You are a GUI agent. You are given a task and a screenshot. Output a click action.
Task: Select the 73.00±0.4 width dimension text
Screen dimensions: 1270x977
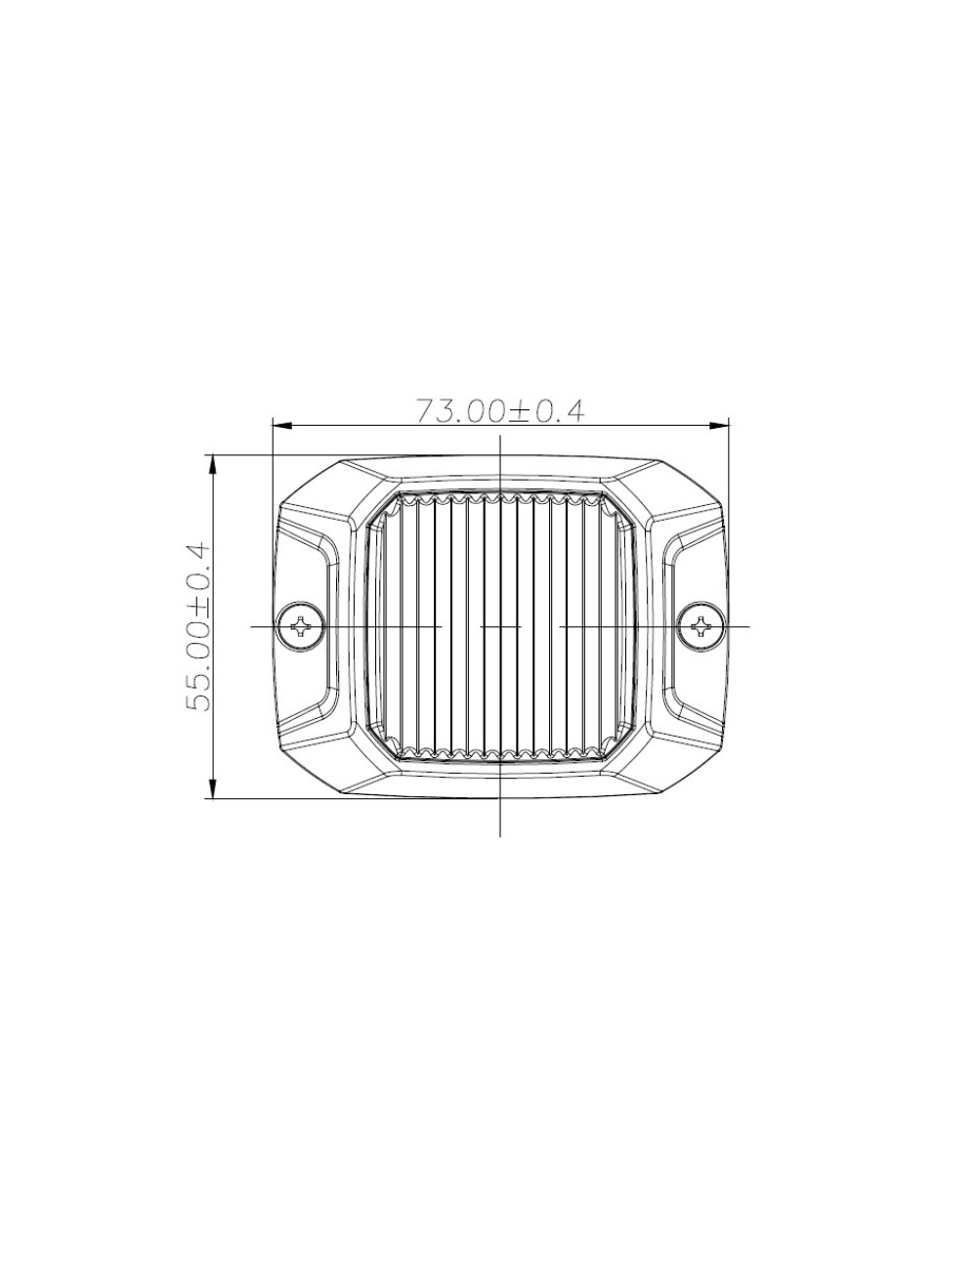coord(500,410)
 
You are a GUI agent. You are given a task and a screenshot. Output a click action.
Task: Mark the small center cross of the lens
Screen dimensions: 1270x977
coord(500,625)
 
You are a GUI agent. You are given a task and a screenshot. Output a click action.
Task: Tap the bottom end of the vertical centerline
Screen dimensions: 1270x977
coord(500,835)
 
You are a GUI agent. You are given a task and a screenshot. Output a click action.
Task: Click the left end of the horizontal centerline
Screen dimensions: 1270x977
coord(253,625)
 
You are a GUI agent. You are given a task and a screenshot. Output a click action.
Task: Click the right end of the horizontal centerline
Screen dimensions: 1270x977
coord(748,625)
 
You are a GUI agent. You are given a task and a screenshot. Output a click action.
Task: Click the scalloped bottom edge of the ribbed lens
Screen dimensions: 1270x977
coord(500,754)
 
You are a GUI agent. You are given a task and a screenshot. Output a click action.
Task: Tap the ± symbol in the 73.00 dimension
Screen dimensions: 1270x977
coord(520,411)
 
